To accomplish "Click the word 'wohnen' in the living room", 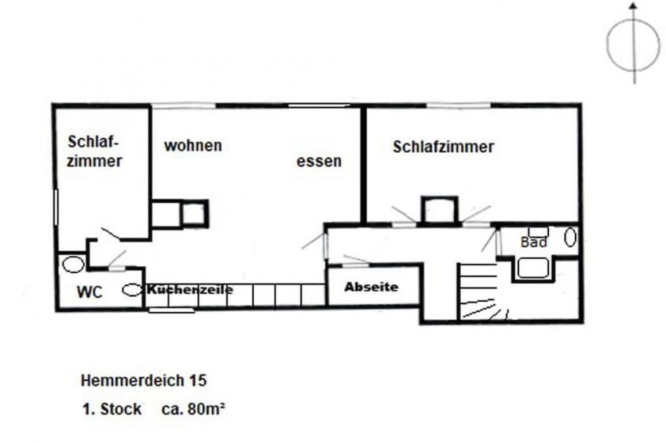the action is coord(193,145).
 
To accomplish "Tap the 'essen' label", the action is coord(319,161).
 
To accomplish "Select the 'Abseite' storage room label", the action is coord(371,287).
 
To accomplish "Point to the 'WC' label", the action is coord(90,292).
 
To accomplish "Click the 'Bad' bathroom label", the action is coord(533,242).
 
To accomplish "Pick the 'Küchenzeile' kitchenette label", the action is coord(189,289).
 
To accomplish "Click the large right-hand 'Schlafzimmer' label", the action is coord(443,147).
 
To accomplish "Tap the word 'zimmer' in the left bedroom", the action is coord(94,161).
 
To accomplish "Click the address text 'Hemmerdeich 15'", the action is coord(144,380).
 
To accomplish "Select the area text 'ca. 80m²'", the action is coord(193,409).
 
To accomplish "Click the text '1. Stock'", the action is coord(112,409).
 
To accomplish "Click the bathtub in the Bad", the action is coord(533,268).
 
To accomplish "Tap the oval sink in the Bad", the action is coord(570,237).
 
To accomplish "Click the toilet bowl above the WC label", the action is coord(74,264).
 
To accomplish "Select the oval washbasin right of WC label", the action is coord(132,290).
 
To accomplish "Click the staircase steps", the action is coord(478,291).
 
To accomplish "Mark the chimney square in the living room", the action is coord(194,213).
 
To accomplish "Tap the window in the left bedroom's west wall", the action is coord(55,207).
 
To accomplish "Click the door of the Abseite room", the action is coord(356,262).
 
